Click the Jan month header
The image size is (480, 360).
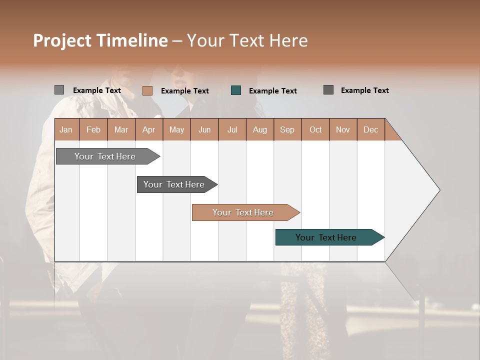[x=66, y=129]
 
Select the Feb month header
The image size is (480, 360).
[x=93, y=129]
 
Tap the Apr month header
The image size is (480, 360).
[x=149, y=129]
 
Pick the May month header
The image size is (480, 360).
[x=176, y=129]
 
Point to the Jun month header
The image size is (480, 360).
[x=204, y=129]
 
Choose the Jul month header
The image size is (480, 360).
[x=232, y=129]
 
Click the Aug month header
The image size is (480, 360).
[x=260, y=129]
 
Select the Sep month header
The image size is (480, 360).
[x=287, y=129]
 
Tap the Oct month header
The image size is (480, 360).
[x=315, y=129]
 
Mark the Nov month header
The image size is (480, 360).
[x=343, y=129]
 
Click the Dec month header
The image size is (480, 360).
[x=370, y=129]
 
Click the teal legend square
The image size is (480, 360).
[x=236, y=90]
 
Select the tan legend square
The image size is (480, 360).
[x=147, y=90]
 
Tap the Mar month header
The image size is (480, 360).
[x=121, y=129]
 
